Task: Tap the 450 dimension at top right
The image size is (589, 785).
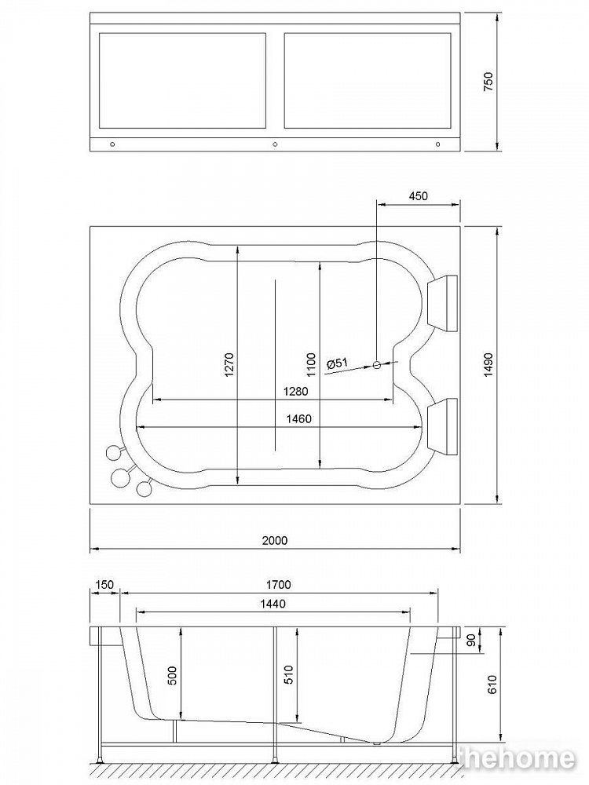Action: point(419,196)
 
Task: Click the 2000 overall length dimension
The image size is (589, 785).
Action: point(275,540)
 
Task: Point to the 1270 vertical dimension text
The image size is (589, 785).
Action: point(229,366)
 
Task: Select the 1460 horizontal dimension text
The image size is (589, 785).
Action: point(298,418)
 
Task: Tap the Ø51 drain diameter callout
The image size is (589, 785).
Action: point(336,363)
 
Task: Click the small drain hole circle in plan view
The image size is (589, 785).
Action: point(377,364)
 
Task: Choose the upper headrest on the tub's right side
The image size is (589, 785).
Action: point(443,302)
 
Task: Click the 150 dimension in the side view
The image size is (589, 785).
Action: point(104,584)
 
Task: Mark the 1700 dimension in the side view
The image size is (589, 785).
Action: point(279,584)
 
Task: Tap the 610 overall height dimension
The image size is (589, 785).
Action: point(493,685)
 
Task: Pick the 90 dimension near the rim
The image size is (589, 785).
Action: point(471,641)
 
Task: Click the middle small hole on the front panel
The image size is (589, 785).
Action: point(275,144)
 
